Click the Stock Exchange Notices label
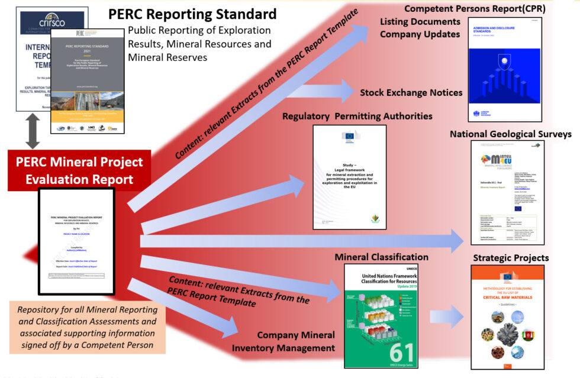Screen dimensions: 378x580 click(411, 92)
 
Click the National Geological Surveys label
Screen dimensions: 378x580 click(510, 134)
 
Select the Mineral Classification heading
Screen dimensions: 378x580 click(381, 257)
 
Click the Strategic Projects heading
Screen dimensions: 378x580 click(511, 258)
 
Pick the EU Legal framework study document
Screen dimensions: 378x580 click(349, 177)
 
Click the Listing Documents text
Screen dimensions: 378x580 click(420, 21)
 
